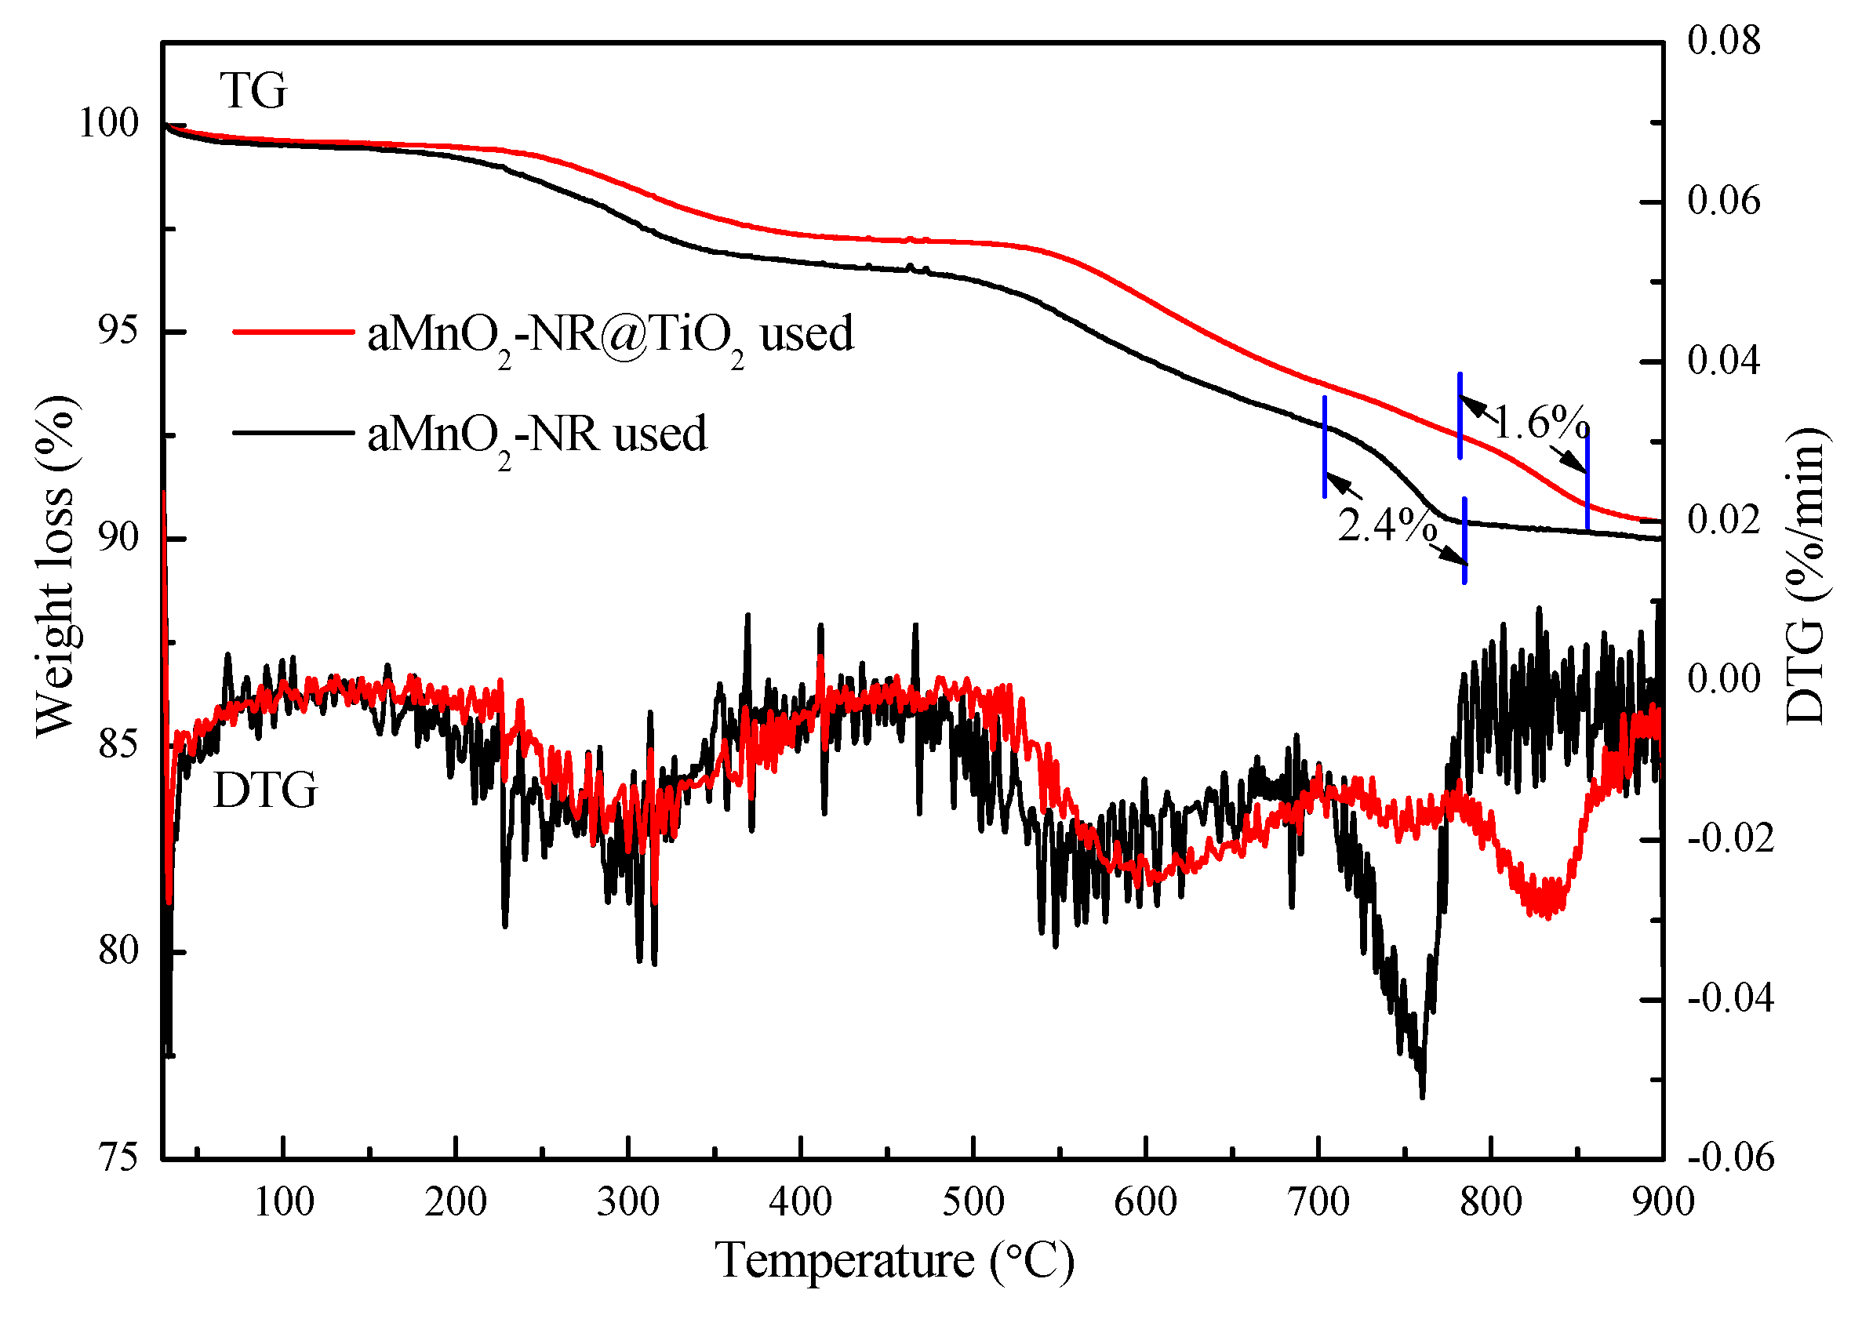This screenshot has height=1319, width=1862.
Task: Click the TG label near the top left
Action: click(x=253, y=90)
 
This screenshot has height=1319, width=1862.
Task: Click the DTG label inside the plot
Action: click(x=265, y=790)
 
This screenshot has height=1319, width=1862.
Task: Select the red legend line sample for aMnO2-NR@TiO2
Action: click(x=293, y=332)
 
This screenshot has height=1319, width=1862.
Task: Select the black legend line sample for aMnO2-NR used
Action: click(x=293, y=432)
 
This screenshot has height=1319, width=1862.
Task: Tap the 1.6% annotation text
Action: click(x=1540, y=423)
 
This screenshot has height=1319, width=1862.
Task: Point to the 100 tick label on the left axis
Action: click(x=109, y=122)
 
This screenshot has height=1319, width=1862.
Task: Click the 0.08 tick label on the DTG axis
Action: click(x=1724, y=41)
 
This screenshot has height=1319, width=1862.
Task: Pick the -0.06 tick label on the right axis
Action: click(x=1730, y=1157)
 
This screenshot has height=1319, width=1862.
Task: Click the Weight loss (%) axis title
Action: click(x=55, y=566)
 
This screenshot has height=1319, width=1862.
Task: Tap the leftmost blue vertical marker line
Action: click(x=1325, y=447)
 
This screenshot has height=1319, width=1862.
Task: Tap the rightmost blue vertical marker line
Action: click(x=1587, y=479)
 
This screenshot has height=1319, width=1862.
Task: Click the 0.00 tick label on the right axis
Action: click(x=1724, y=678)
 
